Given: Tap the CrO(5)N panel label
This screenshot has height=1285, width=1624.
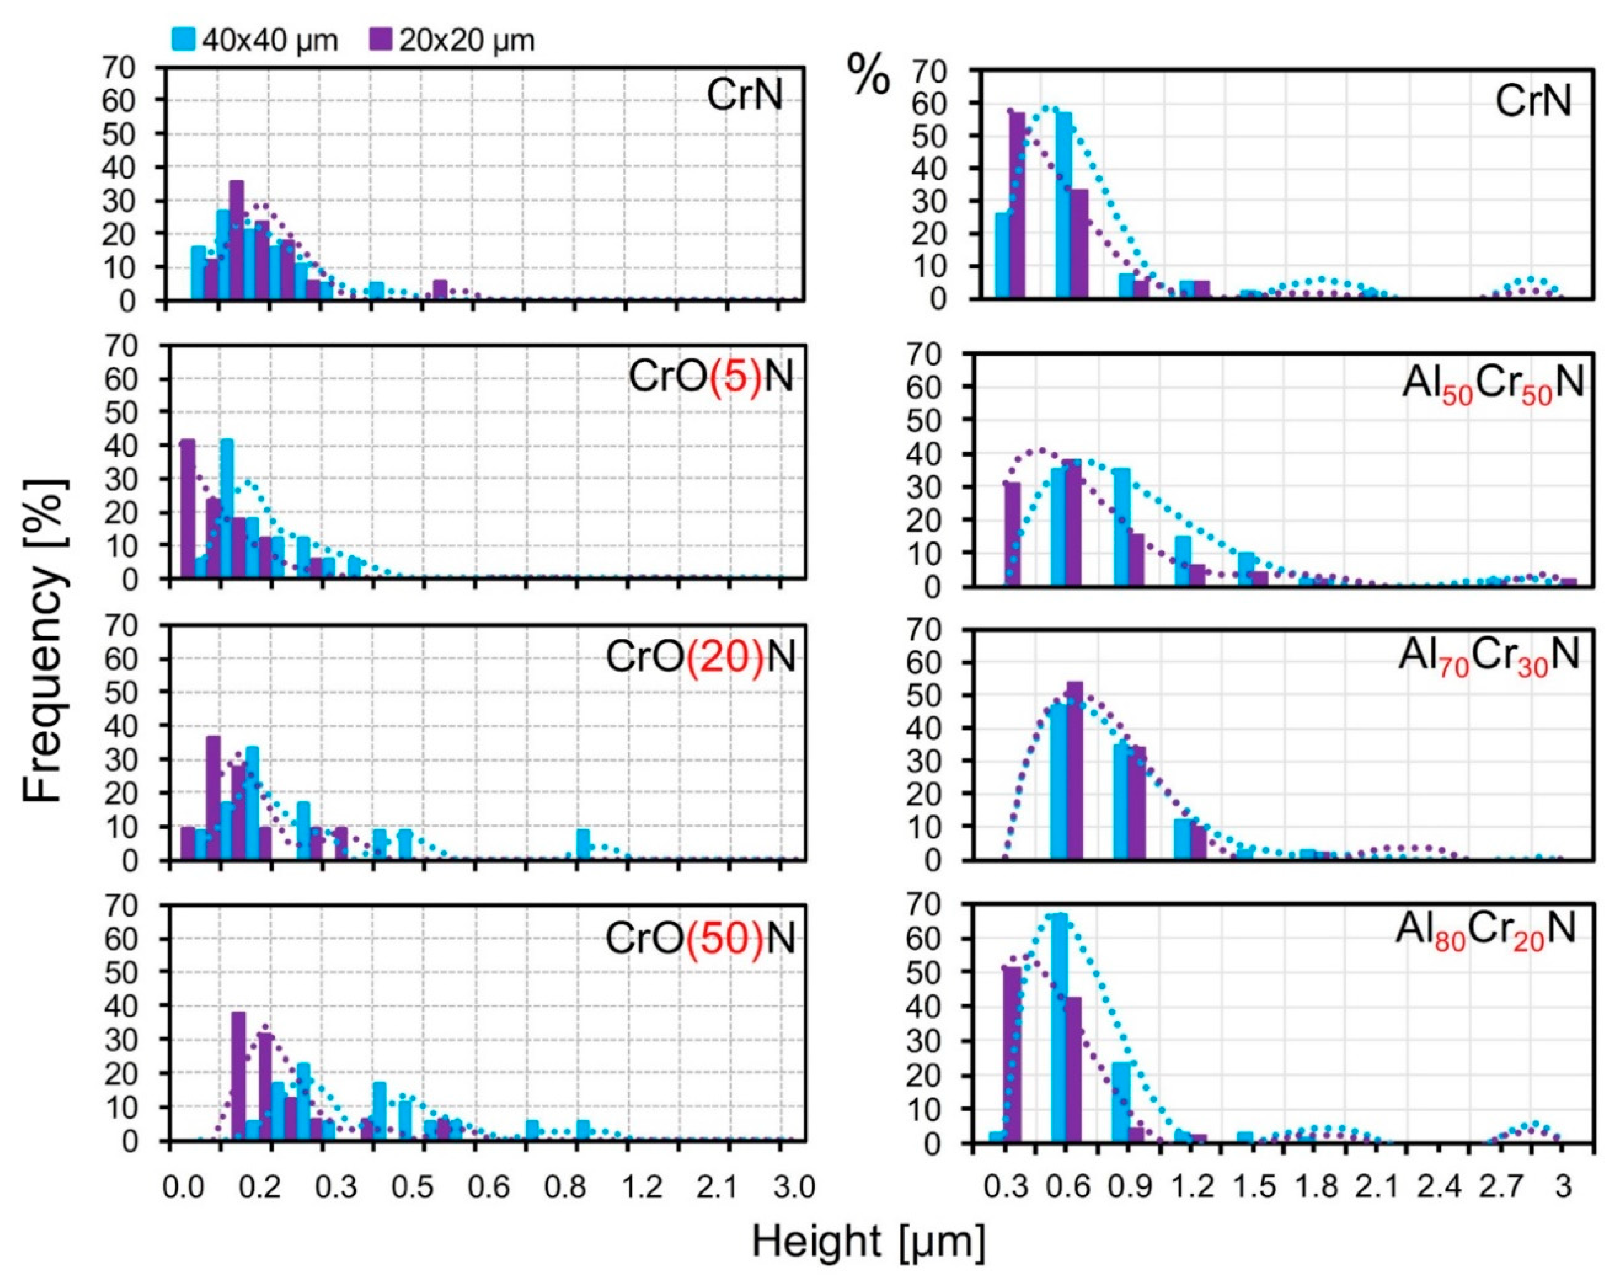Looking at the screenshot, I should click(x=711, y=376).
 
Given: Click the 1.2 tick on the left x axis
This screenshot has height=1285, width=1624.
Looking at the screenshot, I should click(x=642, y=1187).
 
